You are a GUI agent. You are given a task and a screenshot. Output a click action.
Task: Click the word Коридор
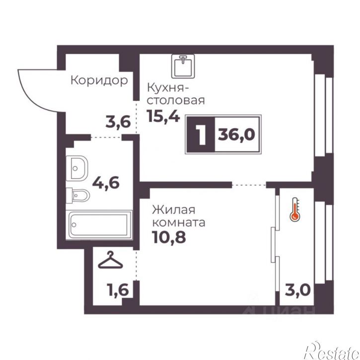pyautogui.click(x=99, y=80)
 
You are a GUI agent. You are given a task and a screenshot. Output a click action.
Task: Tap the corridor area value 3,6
pyautogui.click(x=118, y=122)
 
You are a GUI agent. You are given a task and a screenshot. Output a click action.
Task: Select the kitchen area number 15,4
pyautogui.click(x=163, y=116)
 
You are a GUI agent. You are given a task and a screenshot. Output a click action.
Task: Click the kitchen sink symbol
pyautogui.click(x=183, y=66)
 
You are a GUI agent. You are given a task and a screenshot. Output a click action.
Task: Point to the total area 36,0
pyautogui.click(x=236, y=134)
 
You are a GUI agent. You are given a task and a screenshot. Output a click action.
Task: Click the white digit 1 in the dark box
pyautogui.click(x=202, y=134)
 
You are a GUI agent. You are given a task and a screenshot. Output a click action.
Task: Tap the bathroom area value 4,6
pyautogui.click(x=106, y=183)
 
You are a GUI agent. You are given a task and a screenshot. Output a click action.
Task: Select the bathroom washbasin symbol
pyautogui.click(x=77, y=168)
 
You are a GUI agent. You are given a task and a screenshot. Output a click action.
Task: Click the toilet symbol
pyautogui.click(x=77, y=196)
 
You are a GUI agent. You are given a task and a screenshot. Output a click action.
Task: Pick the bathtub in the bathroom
pyautogui.click(x=99, y=225)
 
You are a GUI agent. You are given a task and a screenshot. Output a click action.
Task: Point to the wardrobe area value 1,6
pyautogui.click(x=118, y=290)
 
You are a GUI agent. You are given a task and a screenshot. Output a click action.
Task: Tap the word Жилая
pyautogui.click(x=174, y=210)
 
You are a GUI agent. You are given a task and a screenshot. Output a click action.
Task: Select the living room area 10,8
pyautogui.click(x=169, y=237)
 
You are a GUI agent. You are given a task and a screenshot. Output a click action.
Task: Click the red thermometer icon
pyautogui.click(x=295, y=210)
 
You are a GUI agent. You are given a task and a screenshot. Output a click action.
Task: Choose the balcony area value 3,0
pyautogui.click(x=298, y=290)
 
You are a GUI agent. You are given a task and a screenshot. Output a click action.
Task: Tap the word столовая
pyautogui.click(x=176, y=101)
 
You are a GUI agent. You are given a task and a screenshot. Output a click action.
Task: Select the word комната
pyautogui.click(x=179, y=223)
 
